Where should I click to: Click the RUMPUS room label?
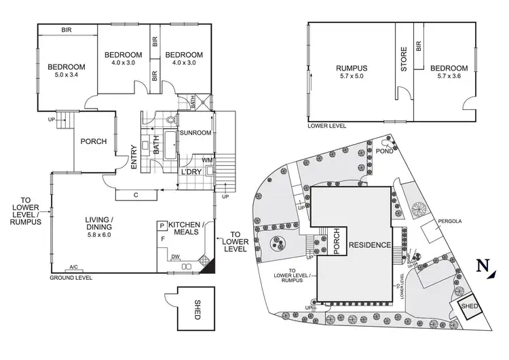click(351, 68)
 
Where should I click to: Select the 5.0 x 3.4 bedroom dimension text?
click(66, 76)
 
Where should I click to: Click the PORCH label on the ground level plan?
click(93, 142)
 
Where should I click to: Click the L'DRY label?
click(191, 172)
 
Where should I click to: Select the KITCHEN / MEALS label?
click(191, 229)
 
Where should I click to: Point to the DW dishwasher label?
click(175, 257)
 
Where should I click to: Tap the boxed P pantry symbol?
click(162, 226)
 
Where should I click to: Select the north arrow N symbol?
click(483, 267)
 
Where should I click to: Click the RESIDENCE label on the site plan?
click(370, 245)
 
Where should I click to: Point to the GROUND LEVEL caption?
click(71, 278)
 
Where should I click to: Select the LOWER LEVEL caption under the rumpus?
click(326, 126)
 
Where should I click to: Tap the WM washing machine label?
click(208, 160)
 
